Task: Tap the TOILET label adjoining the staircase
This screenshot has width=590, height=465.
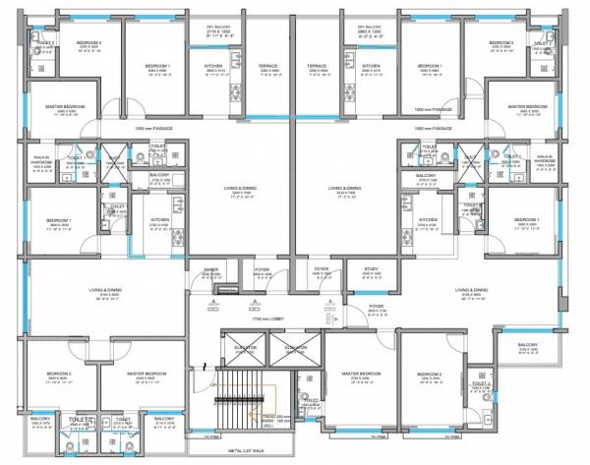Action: [310, 402]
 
